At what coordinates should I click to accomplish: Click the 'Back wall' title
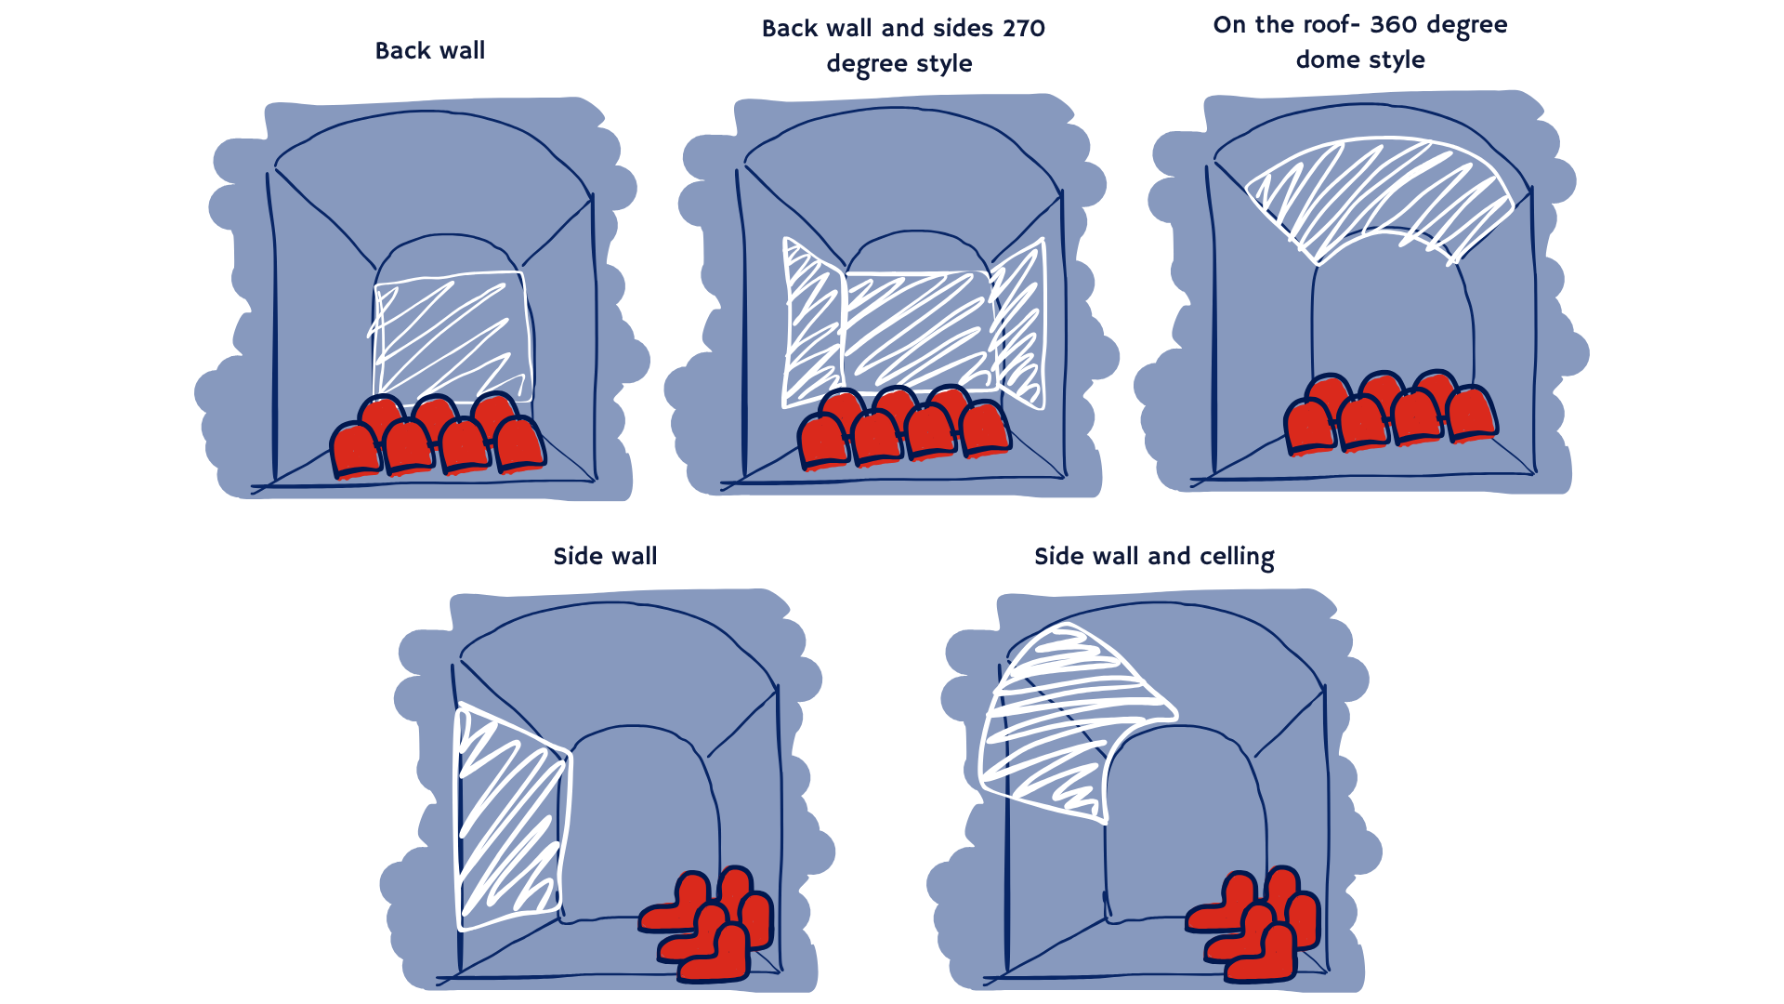[429, 50]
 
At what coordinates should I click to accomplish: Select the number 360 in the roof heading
[1394, 24]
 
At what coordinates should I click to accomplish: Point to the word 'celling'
[1237, 557]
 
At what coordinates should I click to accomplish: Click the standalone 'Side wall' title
[605, 556]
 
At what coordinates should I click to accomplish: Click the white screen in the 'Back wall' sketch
[452, 337]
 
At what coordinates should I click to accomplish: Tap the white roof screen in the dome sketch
[1379, 198]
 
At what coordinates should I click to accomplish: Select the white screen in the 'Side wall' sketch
[512, 816]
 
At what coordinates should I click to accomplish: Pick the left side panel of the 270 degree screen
[813, 324]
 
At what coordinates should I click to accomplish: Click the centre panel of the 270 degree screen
[917, 330]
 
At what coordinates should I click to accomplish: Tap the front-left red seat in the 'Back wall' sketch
[355, 450]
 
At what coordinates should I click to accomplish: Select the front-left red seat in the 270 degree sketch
[823, 441]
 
